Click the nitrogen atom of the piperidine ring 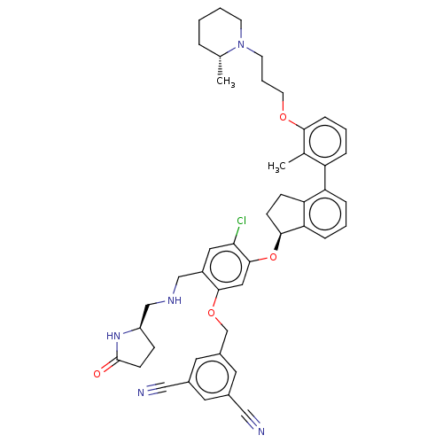[241, 44]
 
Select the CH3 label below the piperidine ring [226, 82]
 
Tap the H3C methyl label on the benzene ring [276, 167]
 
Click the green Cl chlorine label [242, 221]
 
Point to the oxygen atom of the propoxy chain [283, 117]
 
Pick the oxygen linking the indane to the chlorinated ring [273, 257]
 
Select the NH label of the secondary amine [175, 300]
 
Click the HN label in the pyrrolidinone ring [113, 336]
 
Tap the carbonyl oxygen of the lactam [97, 374]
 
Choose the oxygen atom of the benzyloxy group [211, 313]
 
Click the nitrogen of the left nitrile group [141, 392]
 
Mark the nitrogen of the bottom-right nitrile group [261, 431]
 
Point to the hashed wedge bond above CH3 [220, 66]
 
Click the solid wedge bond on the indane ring [278, 242]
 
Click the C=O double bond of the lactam [109, 366]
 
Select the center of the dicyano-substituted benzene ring [212, 377]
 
